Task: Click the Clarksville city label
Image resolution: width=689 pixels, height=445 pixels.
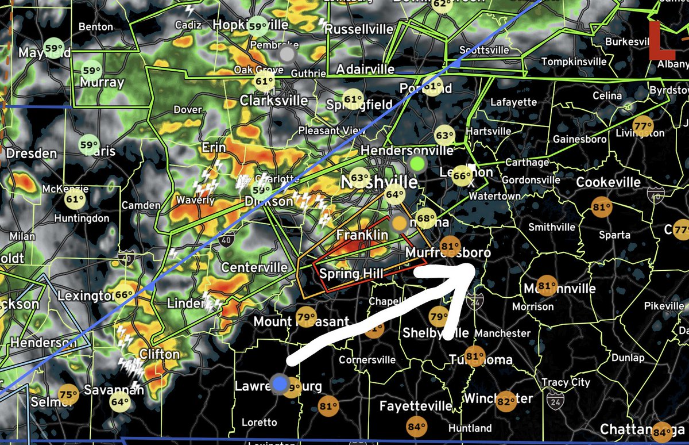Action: pos(274,100)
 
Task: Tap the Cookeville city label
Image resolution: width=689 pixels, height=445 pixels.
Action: pos(609,182)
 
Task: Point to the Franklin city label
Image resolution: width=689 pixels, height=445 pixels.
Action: pos(362,235)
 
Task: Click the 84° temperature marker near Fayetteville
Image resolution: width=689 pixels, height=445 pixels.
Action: pos(416,427)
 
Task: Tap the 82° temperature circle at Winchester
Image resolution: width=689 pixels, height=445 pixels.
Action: pos(506,401)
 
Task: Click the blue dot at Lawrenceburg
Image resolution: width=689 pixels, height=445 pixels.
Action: pos(280,384)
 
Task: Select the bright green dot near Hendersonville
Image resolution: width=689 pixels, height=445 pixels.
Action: pos(417,164)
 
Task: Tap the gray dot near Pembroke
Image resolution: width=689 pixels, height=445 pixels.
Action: pos(287,55)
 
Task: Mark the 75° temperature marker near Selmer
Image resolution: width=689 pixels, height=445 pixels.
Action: pos(68,394)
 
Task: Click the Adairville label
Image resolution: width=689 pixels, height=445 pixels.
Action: pos(365,70)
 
